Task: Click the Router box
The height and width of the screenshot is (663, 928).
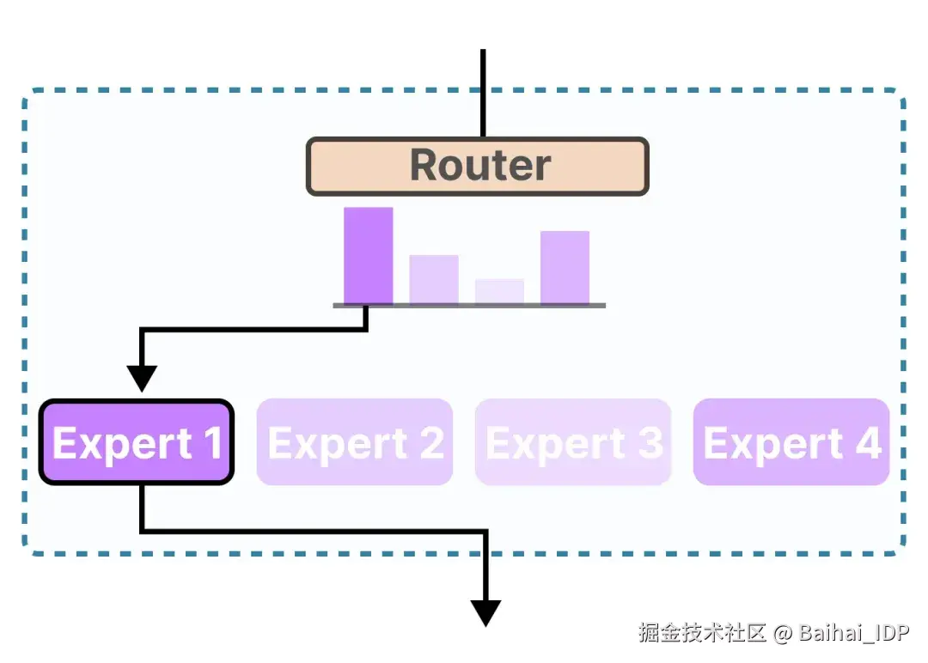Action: [x=477, y=167]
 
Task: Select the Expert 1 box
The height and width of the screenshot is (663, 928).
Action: [x=137, y=442]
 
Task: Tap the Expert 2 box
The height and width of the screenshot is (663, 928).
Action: [x=355, y=442]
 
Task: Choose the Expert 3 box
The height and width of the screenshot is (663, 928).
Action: [x=573, y=442]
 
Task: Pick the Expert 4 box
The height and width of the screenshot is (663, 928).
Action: [x=791, y=442]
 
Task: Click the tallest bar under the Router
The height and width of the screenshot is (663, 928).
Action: [x=369, y=256]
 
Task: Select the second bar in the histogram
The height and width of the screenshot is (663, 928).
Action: [x=434, y=279]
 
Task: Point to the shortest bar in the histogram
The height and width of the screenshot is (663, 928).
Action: [x=499, y=291]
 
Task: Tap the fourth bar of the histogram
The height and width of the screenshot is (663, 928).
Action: [x=565, y=267]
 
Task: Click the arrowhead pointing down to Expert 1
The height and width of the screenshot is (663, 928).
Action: [x=142, y=378]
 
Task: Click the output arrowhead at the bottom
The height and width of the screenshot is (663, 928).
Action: [x=485, y=612]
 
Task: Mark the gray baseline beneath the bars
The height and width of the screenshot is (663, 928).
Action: [x=469, y=306]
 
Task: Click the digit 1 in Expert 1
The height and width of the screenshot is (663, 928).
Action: [x=211, y=443]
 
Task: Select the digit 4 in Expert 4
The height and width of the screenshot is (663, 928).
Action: [x=868, y=443]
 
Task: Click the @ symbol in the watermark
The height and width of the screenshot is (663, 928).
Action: [x=782, y=634]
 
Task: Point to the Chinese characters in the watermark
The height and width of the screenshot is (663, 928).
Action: [x=702, y=634]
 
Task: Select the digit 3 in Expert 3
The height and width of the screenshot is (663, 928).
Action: [x=650, y=443]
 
